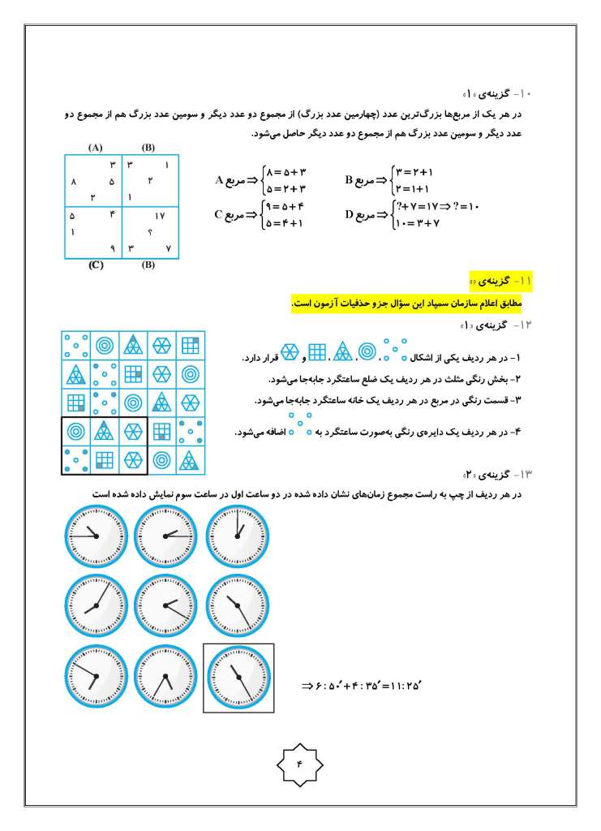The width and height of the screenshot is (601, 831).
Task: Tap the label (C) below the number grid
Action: click(x=95, y=265)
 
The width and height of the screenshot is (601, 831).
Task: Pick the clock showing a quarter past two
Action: click(x=165, y=534)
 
